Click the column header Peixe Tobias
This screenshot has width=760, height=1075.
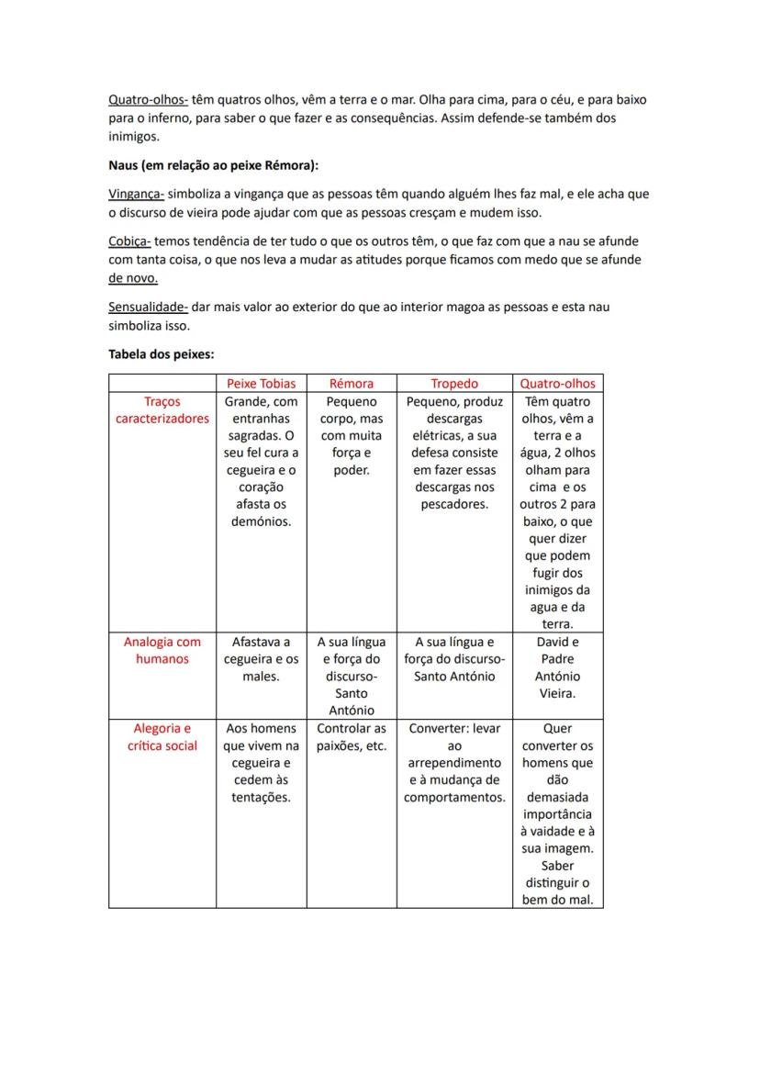pos(261,384)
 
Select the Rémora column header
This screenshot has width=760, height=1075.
pos(352,384)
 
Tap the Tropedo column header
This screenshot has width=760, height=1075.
pos(454,384)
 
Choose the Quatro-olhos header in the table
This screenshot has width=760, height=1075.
pos(557,384)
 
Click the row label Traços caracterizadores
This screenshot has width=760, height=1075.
pos(162,409)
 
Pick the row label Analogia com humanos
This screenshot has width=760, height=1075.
pos(162,650)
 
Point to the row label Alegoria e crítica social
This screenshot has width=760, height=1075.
pos(162,736)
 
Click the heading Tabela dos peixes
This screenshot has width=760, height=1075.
pos(161,353)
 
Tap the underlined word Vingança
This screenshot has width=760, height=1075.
pos(136,195)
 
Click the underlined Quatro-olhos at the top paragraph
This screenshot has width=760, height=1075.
pos(148,99)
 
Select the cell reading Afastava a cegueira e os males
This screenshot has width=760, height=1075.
pos(261,659)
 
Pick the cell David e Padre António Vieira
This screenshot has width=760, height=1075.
pos(557,667)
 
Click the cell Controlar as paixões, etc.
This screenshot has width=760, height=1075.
pos(352,737)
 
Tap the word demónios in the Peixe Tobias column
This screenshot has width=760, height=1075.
pos(261,521)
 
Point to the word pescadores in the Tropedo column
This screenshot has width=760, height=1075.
pos(454,504)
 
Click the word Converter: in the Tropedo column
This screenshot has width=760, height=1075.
pos(440,728)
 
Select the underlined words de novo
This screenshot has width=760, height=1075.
pos(133,277)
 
